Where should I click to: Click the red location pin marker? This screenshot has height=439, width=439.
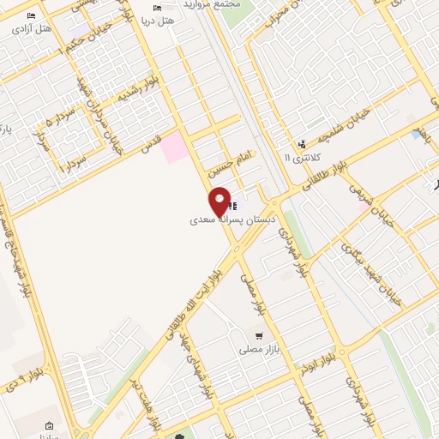click(x=219, y=201)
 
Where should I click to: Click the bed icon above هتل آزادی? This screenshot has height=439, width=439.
click(x=32, y=16)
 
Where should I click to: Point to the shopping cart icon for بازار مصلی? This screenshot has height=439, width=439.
click(x=257, y=334)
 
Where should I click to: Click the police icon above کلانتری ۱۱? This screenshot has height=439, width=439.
click(x=301, y=144)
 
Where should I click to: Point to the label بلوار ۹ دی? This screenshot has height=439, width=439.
click(x=26, y=375)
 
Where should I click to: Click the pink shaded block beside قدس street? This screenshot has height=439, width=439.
click(x=175, y=147)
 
